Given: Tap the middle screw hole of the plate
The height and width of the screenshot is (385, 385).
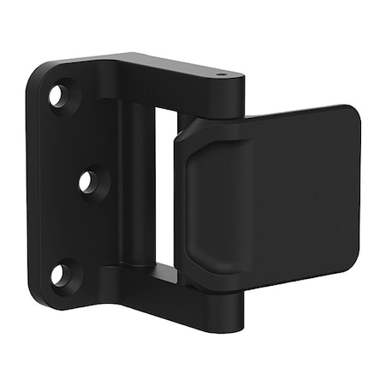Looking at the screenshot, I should [x=86, y=181].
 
